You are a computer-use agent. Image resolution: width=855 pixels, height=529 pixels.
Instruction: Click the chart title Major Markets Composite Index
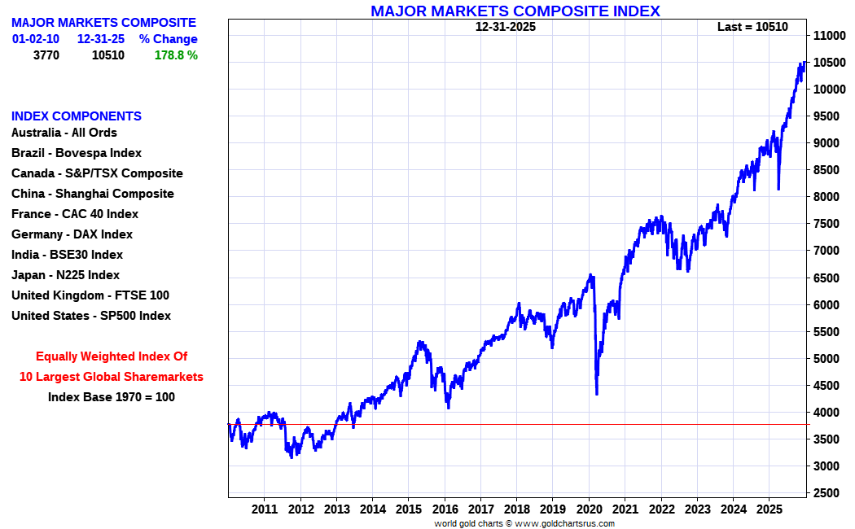pyautogui.click(x=515, y=11)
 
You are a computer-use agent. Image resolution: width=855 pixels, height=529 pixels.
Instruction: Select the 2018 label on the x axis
pyautogui.click(x=516, y=509)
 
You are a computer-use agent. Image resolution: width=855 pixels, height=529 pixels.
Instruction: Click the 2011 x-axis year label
pyautogui.click(x=265, y=509)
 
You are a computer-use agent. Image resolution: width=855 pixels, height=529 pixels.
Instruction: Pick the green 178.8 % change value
pyautogui.click(x=176, y=55)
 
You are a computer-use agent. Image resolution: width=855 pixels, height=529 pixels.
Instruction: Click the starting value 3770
pyautogui.click(x=46, y=55)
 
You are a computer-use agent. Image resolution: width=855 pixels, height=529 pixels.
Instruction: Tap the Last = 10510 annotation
pyautogui.click(x=752, y=27)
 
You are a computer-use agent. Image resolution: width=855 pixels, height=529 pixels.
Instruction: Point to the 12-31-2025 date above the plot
pyautogui.click(x=506, y=27)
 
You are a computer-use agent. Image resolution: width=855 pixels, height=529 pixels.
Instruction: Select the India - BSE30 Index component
pyautogui.click(x=67, y=255)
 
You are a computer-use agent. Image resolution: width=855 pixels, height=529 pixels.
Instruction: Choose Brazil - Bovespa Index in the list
pyautogui.click(x=77, y=153)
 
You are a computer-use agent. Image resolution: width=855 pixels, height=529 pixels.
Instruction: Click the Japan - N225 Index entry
pyautogui.click(x=65, y=275)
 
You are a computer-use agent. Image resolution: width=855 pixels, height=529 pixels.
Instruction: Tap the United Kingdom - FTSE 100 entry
pyautogui.click(x=90, y=295)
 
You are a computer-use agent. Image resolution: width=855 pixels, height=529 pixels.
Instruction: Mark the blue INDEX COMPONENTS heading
pyautogui.click(x=77, y=116)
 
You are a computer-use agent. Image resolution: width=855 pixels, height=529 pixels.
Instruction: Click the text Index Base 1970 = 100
pyautogui.click(x=112, y=397)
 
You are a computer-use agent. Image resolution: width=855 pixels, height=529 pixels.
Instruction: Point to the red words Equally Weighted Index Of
pyautogui.click(x=112, y=356)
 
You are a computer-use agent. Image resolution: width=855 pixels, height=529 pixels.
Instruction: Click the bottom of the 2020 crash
pyautogui.click(x=597, y=394)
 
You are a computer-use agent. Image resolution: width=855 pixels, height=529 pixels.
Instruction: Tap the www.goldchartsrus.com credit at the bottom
pyautogui.click(x=565, y=523)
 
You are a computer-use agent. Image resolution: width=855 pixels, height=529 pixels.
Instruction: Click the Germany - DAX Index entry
pyautogui.click(x=72, y=234)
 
